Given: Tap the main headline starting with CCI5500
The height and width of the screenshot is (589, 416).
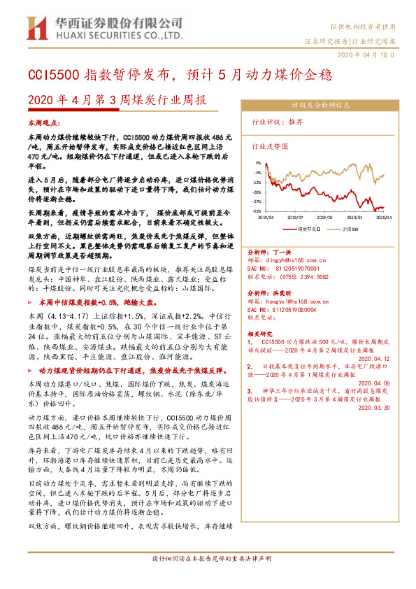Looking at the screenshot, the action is (179, 75).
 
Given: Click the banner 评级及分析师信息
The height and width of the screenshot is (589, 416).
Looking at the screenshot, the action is (320, 105).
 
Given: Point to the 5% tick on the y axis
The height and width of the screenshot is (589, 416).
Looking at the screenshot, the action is (258, 162).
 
